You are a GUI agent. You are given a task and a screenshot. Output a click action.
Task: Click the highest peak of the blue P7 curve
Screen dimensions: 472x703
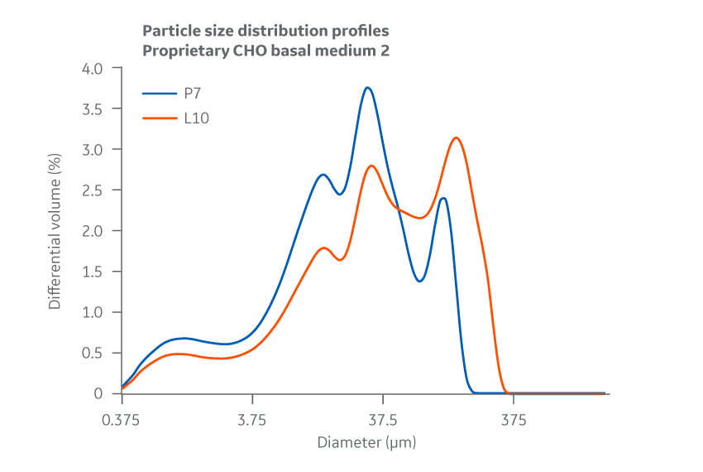click(x=367, y=88)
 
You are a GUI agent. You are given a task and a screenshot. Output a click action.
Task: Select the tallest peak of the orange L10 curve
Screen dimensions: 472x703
click(x=456, y=137)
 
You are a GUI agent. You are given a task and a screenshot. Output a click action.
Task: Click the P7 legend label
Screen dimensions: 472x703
click(x=193, y=94)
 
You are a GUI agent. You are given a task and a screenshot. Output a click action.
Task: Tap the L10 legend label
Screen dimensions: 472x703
click(x=196, y=118)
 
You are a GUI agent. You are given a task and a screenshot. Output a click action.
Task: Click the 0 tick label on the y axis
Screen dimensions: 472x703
click(x=97, y=393)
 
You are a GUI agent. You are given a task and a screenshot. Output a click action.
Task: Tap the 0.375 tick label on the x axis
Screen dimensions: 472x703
click(x=122, y=419)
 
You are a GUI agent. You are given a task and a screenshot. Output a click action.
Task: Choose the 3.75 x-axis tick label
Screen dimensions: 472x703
click(x=252, y=419)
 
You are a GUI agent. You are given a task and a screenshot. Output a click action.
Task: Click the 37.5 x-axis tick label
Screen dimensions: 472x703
click(x=383, y=419)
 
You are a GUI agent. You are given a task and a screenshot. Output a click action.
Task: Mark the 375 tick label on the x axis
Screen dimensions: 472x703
click(x=513, y=419)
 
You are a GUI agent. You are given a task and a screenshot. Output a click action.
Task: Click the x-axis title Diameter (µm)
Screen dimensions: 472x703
click(x=366, y=442)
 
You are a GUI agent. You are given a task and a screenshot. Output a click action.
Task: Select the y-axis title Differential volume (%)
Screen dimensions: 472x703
click(x=55, y=231)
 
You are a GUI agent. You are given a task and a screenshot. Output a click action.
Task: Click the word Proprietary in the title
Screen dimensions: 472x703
click(x=180, y=50)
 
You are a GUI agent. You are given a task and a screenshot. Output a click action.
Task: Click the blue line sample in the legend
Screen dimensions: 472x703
click(x=160, y=94)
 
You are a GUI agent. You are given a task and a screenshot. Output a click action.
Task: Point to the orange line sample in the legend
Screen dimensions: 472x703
click(x=160, y=118)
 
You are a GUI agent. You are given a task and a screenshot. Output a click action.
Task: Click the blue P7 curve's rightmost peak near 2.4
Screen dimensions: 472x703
click(x=443, y=198)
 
